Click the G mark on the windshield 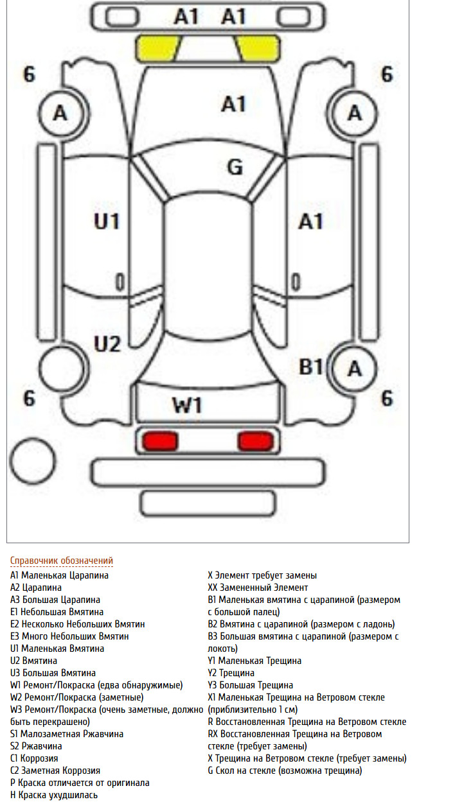coord(235,167)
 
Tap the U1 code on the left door coord(107,222)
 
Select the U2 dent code coord(107,344)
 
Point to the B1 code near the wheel coord(310,367)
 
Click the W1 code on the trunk coord(187,405)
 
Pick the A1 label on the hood coord(234,104)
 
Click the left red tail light coord(160,442)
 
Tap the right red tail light coord(255,442)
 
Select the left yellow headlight coord(158,48)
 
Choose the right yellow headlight coord(258,48)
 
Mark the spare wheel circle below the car coord(33,461)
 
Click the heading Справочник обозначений coord(62,561)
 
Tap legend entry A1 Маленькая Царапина coord(59,575)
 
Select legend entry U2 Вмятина coord(33,661)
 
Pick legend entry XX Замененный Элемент coord(258,588)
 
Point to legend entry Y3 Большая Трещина coord(251,685)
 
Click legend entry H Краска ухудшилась coord(54,796)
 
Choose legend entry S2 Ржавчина coord(36,746)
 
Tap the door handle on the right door coord(296,282)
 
